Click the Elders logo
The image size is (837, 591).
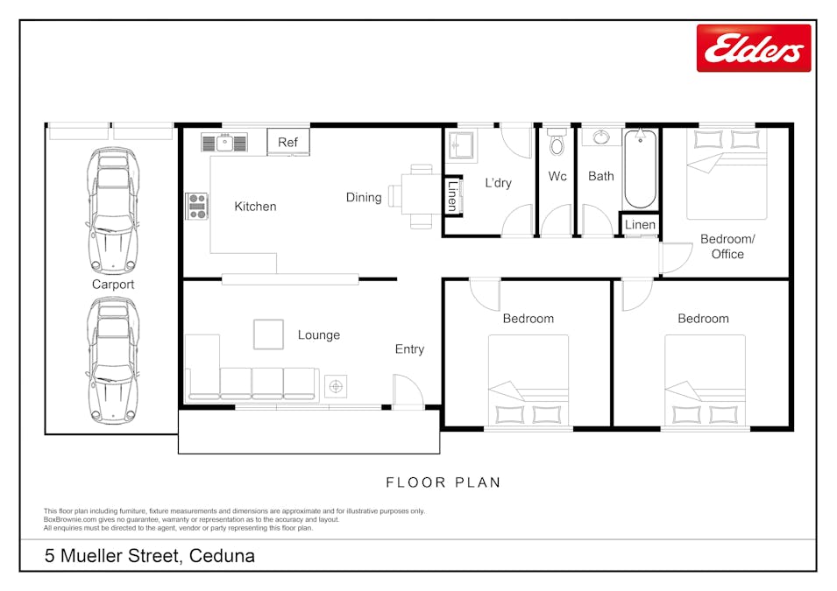coord(753,48)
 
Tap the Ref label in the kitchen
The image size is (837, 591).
coord(287,143)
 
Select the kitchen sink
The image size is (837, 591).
coord(224,143)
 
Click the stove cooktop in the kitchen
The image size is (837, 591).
coord(197,206)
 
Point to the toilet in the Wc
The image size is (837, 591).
coord(557,141)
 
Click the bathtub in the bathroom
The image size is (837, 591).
coord(640,169)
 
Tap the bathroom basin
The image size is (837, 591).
coord(601,137)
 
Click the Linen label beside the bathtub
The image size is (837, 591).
coord(640,224)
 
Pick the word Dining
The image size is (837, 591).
coord(364,197)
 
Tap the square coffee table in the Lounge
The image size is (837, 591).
coord(268,334)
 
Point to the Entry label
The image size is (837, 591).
coord(409,349)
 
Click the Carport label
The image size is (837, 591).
coord(113,285)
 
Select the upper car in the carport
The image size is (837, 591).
coord(113,210)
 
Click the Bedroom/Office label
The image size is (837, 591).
coord(727,246)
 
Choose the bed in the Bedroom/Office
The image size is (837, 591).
coord(727,174)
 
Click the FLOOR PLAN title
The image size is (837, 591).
coord(443,482)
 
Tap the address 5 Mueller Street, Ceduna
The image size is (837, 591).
coord(150,556)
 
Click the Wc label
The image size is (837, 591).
coord(557,176)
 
